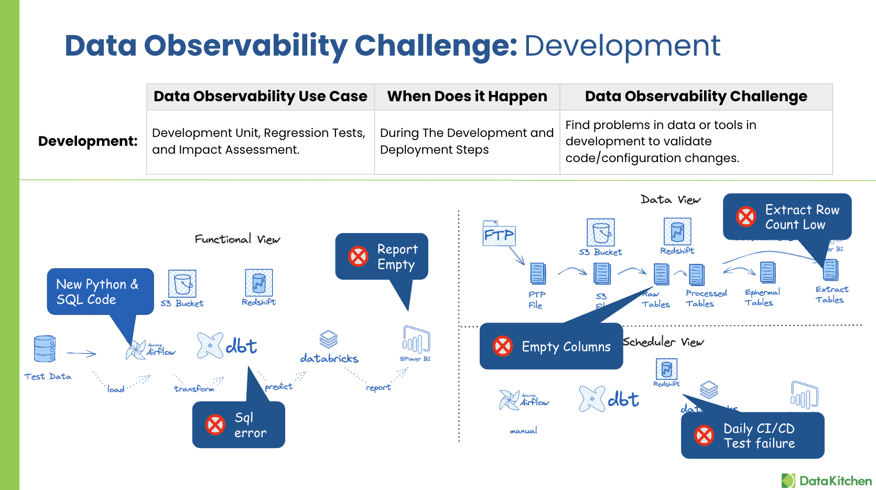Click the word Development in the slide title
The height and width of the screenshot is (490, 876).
[622, 46]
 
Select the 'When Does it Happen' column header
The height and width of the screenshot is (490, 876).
[467, 97]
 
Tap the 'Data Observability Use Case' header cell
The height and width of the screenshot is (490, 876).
[260, 97]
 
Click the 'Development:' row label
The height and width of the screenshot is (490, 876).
[88, 141]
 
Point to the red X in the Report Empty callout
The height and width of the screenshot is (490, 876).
[359, 257]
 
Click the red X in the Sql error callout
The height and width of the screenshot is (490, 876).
[215, 425]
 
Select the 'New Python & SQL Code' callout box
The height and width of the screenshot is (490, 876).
[100, 292]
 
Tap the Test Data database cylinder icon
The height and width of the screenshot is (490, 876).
[45, 349]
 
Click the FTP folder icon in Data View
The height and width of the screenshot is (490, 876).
[498, 233]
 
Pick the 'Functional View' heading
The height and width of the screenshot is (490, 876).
[237, 239]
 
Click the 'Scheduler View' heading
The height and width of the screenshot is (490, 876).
[663, 342]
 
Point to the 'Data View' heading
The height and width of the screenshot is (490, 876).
[670, 199]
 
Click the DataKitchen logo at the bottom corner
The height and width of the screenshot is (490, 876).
[826, 481]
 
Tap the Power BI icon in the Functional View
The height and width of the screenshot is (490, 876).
[416, 341]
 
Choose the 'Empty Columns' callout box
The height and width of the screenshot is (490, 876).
[551, 346]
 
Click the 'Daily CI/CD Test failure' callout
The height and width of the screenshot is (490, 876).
[752, 435]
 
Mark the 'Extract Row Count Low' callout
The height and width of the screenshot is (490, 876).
[787, 217]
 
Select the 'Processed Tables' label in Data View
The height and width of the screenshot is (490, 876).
[706, 298]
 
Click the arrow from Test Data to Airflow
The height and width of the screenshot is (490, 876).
[81, 354]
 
